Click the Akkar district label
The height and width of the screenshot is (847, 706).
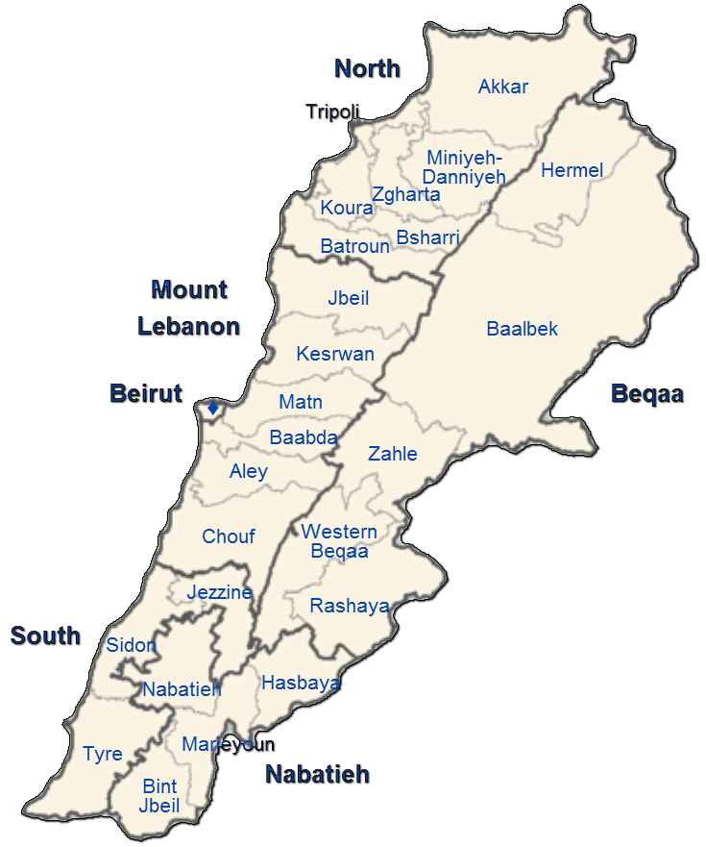coord(503,87)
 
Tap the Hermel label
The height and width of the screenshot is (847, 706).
coord(572,171)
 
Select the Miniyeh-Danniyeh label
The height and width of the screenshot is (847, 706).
coord(465,167)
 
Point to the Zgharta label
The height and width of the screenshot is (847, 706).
coord(405,195)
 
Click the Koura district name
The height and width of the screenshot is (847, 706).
coord(347,209)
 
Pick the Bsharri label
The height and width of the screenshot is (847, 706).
coord(427,237)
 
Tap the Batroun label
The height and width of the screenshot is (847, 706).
coord(355,247)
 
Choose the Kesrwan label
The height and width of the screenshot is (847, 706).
coord(335,355)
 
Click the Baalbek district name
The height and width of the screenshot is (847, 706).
coord(522,330)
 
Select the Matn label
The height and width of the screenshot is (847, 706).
coord(301,403)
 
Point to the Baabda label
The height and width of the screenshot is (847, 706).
coord(304,438)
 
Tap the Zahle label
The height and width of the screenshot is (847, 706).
coord(393,454)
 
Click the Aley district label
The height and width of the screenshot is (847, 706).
coord(249,472)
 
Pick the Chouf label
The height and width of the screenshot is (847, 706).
coord(229,536)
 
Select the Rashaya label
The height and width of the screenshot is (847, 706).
coord(350,607)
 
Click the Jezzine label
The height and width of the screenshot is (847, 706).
coord(220,592)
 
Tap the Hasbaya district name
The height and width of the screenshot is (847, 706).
coord(301,684)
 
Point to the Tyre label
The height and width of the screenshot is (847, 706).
coord(103,754)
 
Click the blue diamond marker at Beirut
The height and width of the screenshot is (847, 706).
coord(213,409)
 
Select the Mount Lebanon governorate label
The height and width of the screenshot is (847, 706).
coord(189,308)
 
